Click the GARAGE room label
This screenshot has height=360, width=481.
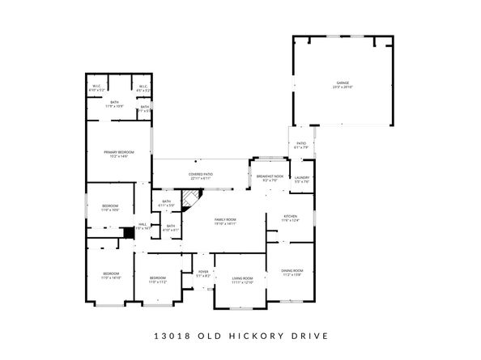tap(343, 83)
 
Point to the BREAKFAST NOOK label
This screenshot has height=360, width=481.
tap(270, 177)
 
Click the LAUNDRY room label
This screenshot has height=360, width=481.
tap(302, 178)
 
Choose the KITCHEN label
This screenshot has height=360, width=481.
tap(291, 218)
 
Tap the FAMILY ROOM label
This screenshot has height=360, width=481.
tap(225, 221)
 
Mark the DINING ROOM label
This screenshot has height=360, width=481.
tap(292, 271)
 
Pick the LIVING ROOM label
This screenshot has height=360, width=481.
tap(243, 279)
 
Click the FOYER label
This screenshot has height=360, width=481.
tap(202, 273)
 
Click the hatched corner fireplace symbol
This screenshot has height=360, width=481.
tap(190, 199)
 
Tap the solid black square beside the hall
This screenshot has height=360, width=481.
tap(128, 232)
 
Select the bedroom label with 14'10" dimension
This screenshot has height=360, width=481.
tap(111, 275)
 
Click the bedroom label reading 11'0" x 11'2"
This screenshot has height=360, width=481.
tap(157, 280)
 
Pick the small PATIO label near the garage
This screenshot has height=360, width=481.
tap(300, 145)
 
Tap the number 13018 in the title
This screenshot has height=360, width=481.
tap(169, 336)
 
